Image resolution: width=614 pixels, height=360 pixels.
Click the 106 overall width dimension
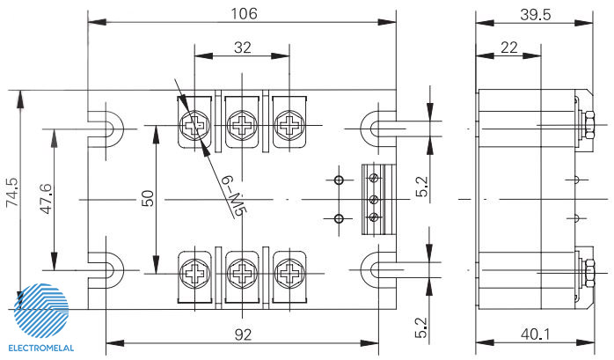pos(244,14)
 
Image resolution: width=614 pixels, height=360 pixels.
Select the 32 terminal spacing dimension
pos(243,48)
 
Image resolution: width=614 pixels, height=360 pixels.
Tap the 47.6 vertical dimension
pos(47,199)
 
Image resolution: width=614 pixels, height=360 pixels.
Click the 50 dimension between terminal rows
pos(148,198)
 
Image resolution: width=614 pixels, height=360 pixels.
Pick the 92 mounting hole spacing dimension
pos(243,335)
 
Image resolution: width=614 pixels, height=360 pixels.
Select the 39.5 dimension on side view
pos(536,14)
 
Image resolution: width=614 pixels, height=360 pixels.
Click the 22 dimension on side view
pos(509,48)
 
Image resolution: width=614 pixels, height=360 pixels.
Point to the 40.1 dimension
pos(536,334)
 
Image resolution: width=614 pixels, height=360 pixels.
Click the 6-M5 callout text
pos(234,196)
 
